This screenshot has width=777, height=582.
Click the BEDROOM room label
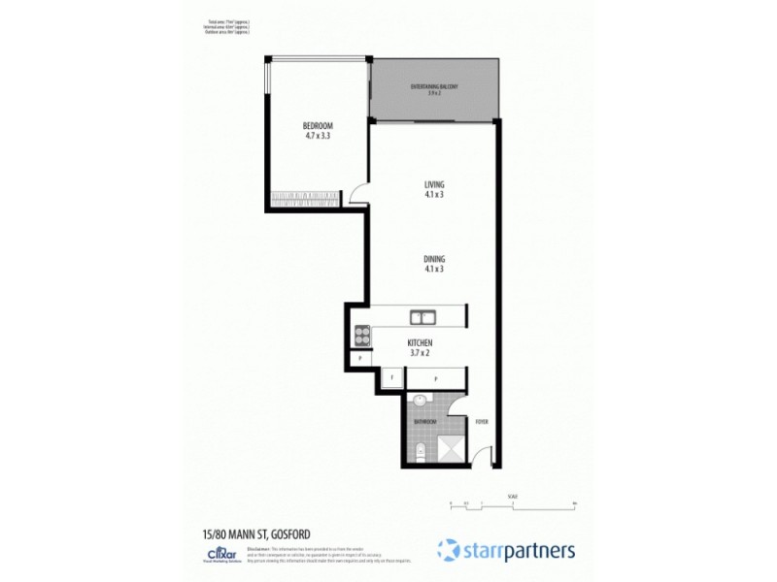(318, 131)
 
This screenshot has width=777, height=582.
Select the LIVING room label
(434, 189)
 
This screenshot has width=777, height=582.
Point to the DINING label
(434, 263)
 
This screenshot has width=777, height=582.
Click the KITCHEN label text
(420, 347)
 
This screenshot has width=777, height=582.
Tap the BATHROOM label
(425, 423)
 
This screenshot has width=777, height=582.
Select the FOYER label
(481, 422)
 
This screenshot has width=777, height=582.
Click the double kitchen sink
(422, 316)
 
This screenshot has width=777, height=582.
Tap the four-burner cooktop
(361, 336)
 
